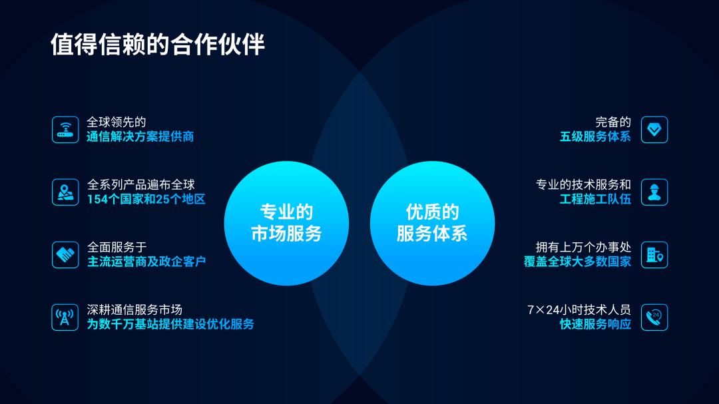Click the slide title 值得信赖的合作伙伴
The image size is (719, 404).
(158, 44)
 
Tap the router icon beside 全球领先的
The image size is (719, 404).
(65, 130)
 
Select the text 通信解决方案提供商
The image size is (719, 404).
(140, 137)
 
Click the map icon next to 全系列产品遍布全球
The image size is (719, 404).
(65, 192)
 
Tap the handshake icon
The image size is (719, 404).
(65, 255)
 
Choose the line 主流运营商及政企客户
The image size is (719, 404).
(146, 262)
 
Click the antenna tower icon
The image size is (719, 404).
(65, 317)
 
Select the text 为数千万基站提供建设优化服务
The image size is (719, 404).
(170, 325)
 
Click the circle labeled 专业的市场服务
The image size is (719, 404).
(286, 223)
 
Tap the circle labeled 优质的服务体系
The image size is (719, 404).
(432, 223)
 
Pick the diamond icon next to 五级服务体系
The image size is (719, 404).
(654, 130)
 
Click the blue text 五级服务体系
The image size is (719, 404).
(595, 137)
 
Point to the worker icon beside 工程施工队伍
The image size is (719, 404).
(654, 192)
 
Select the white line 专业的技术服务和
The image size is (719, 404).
(583, 185)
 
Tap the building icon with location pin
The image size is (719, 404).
(654, 255)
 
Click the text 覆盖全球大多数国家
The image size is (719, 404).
(577, 262)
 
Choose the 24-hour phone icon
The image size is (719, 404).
(654, 317)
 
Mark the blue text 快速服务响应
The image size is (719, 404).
(595, 325)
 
